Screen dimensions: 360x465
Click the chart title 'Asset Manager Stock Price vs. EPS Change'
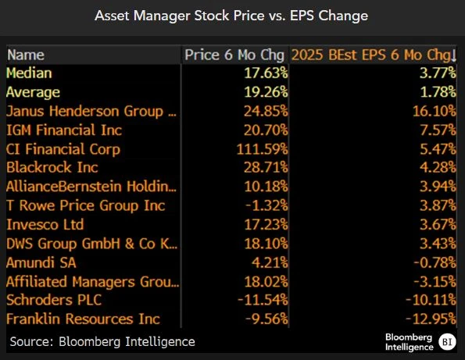(232, 16)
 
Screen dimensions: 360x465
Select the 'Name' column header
(26, 55)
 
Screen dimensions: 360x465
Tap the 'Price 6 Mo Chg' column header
(234, 55)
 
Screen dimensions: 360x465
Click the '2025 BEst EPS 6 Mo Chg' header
(371, 55)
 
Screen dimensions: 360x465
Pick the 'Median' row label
(29, 73)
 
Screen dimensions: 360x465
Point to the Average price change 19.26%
(263, 92)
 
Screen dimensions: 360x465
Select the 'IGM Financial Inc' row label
(64, 130)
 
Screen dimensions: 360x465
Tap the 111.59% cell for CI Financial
(259, 148)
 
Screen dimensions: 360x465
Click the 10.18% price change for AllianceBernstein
(263, 187)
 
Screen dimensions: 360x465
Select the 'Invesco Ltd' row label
(45, 224)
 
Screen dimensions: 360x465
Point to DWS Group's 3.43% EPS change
(435, 243)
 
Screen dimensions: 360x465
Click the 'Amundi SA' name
(42, 262)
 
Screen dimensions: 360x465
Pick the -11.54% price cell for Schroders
(260, 300)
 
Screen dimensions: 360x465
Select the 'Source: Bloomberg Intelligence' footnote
(102, 341)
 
